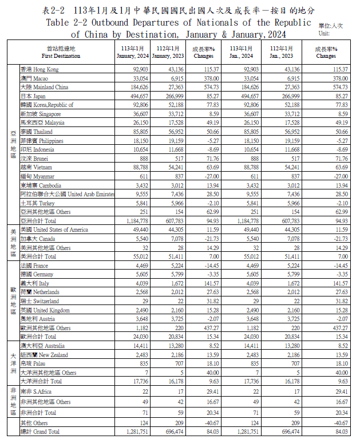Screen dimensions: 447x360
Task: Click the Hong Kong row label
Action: coord(39,69)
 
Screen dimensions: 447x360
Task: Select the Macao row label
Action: coord(34,78)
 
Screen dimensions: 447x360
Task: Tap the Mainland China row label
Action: coord(44,87)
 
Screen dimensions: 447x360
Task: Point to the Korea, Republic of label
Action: coord(47,105)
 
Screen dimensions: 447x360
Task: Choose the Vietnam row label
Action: coord(37,167)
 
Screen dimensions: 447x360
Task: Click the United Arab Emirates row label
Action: coord(67,194)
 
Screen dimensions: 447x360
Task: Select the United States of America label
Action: coord(54,230)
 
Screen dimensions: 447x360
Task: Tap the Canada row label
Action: coord(38,239)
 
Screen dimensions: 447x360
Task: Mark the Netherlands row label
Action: coord(40,292)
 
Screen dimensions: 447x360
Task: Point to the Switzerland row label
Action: coord(39,301)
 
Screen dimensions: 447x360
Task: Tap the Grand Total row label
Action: coord(39,432)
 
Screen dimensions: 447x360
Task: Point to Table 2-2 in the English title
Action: coord(68,22)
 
